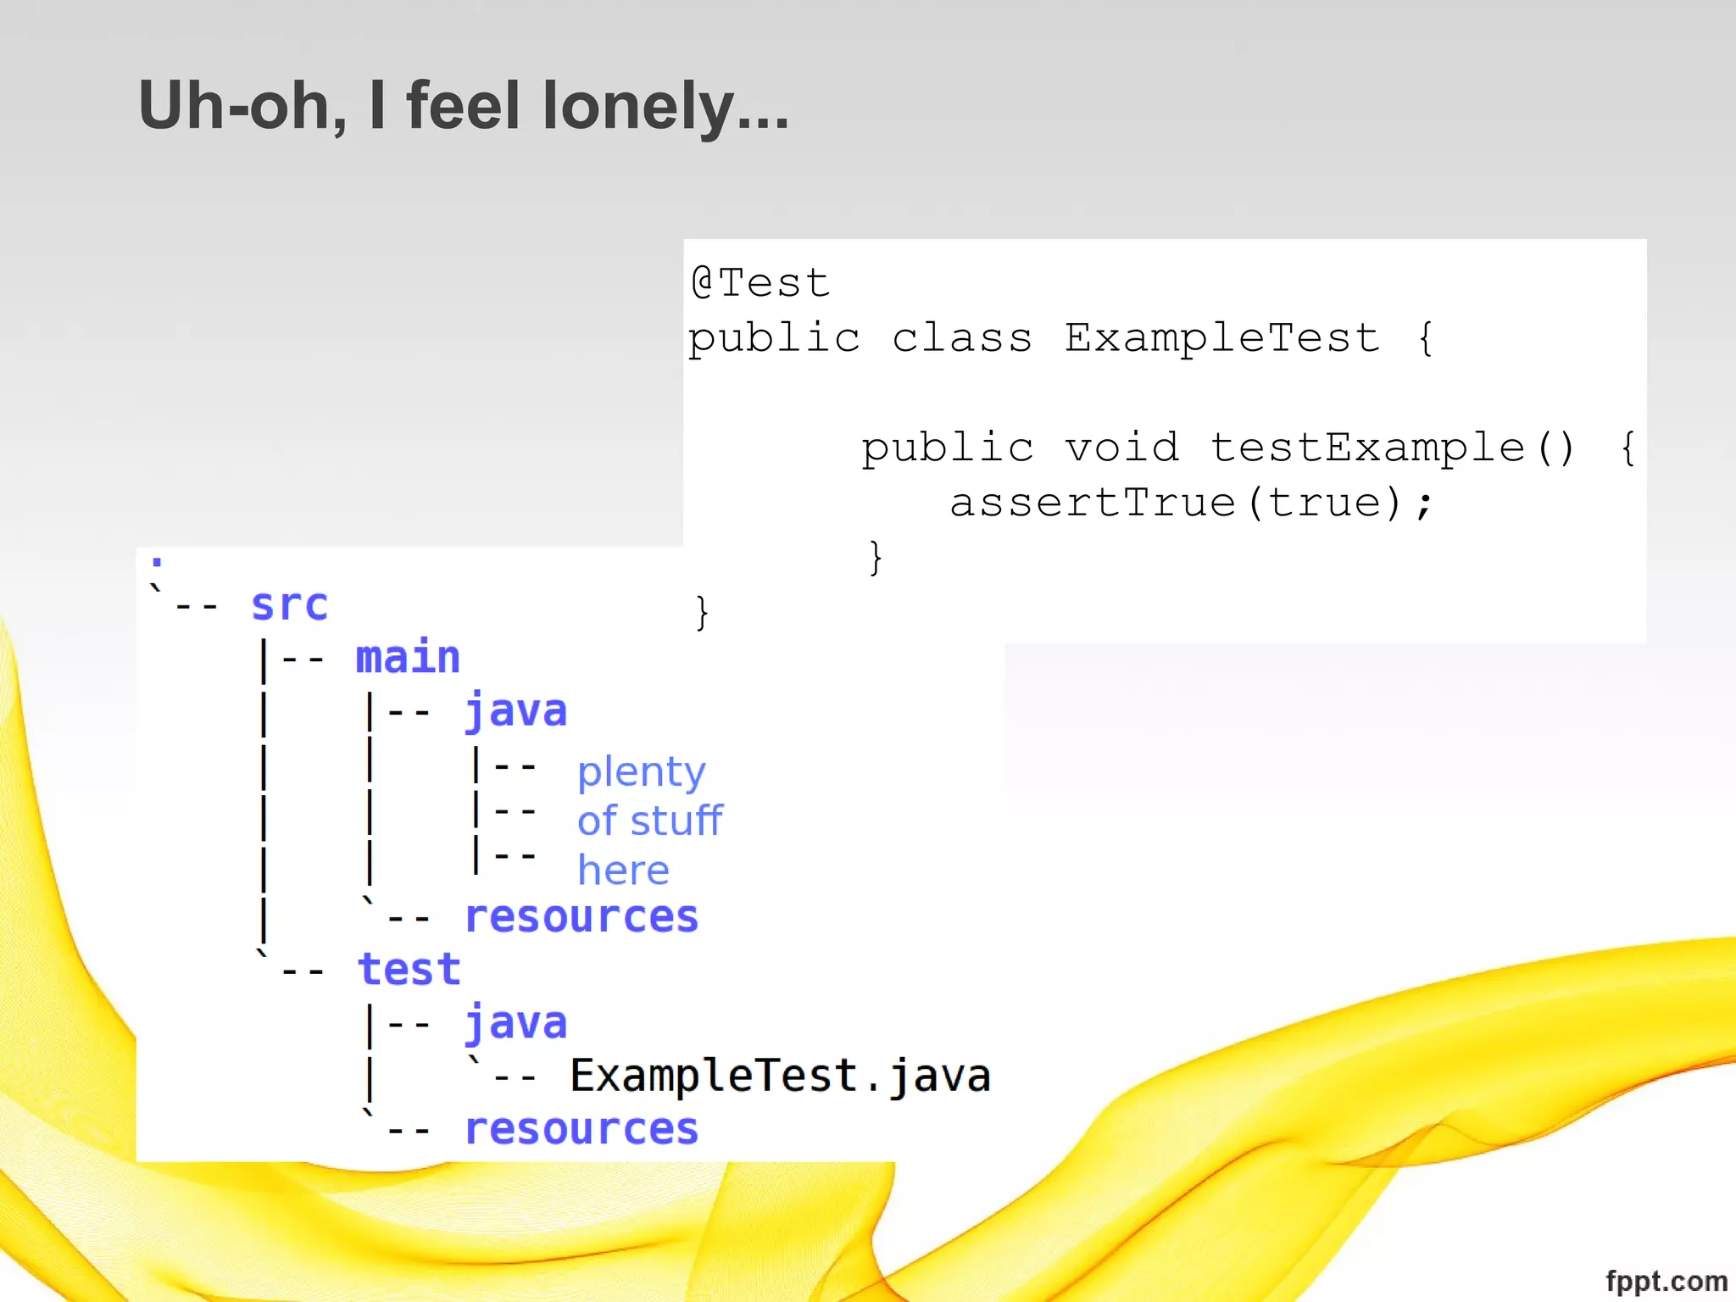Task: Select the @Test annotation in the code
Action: pos(760,282)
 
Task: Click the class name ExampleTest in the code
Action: pos(1221,338)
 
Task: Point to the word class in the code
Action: pos(962,338)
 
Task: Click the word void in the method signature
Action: pos(1121,448)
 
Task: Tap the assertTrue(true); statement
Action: pos(1191,503)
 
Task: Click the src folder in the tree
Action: pos(289,605)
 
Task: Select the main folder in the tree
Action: pos(408,658)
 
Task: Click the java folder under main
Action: pos(515,710)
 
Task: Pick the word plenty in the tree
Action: pos(641,772)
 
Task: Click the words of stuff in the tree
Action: pos(649,821)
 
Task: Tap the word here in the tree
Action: pos(623,871)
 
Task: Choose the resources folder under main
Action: pos(581,917)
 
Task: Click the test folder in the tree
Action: pos(409,970)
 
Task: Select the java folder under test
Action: pos(515,1023)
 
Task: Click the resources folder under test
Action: pos(581,1129)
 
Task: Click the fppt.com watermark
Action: pos(1666,1281)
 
